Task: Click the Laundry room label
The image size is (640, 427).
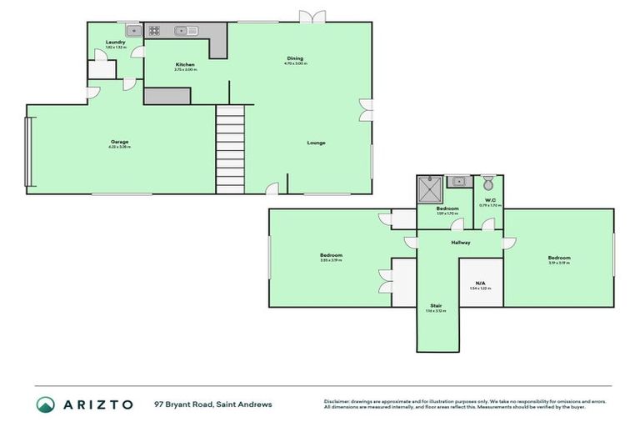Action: (115, 43)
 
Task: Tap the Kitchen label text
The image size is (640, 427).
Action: (185, 65)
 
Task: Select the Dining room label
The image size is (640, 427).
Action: (295, 58)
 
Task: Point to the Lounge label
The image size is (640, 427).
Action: (316, 143)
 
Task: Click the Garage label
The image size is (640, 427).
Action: (119, 142)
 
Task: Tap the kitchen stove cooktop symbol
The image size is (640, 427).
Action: (155, 31)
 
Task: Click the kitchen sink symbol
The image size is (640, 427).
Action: (185, 31)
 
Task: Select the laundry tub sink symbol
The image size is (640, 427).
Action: (129, 31)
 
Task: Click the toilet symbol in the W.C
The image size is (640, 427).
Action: (488, 183)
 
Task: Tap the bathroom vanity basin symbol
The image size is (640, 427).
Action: (457, 181)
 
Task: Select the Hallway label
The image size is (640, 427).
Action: (461, 243)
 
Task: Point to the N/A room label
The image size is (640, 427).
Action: (481, 283)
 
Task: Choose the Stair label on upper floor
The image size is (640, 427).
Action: (436, 306)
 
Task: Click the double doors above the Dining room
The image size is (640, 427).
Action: (313, 17)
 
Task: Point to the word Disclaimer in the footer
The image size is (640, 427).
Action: (339, 401)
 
